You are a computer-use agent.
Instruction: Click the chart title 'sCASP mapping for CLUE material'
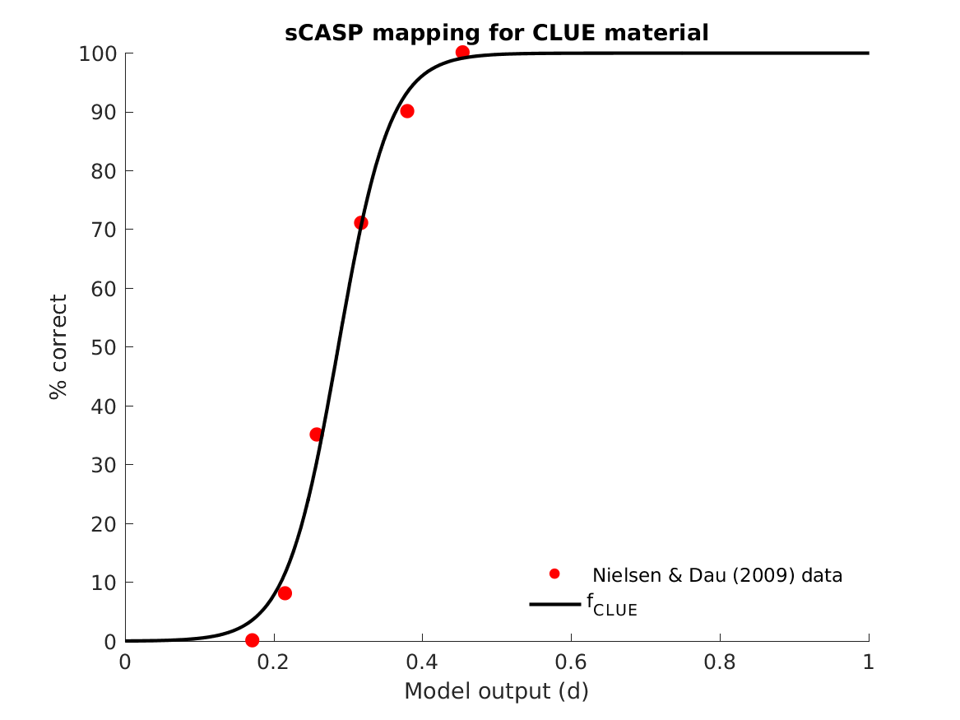coord(496,33)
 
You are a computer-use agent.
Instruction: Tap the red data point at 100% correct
coord(462,53)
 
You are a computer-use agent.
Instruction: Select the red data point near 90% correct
coord(406,111)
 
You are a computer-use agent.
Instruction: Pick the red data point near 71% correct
coord(360,223)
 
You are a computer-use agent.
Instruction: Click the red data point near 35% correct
coord(316,434)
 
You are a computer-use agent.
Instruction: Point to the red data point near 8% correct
coord(285,593)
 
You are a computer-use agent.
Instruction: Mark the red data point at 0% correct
coord(252,640)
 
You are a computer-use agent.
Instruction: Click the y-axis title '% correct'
coord(58,347)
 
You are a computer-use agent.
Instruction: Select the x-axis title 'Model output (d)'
coord(496,691)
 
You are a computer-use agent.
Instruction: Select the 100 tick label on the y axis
coord(94,53)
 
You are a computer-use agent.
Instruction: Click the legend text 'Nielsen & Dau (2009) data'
coord(717,575)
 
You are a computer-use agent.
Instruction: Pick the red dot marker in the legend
coord(554,574)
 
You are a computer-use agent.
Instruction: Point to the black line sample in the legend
coord(554,605)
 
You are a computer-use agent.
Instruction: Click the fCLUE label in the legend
coord(611,605)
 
